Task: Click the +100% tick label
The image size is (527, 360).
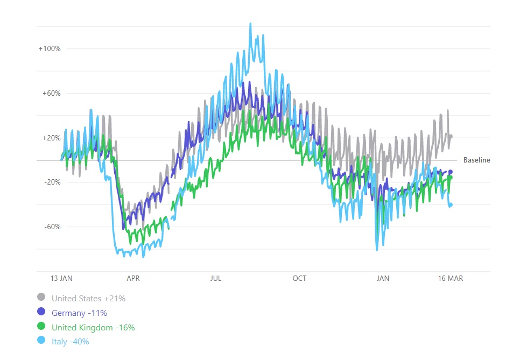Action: coord(50,48)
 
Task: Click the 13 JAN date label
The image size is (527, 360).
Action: coord(61,278)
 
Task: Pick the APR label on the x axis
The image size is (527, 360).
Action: coord(133,278)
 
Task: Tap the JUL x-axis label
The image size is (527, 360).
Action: coord(216,278)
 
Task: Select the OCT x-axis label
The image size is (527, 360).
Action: coord(299,278)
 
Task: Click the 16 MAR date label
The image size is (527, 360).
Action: coord(451,278)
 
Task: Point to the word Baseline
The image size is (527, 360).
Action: coord(476,160)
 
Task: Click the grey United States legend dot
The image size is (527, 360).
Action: coord(41,297)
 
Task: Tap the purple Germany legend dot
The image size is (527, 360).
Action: coord(41,312)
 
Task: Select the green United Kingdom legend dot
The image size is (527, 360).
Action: coord(41,327)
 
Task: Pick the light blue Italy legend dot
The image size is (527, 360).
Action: coord(41,341)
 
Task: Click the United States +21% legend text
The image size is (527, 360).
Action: coord(88,298)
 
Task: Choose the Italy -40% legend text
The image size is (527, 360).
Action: coord(70,342)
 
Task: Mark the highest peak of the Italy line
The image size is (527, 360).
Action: coord(250,24)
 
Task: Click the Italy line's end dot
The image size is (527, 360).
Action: coord(451,204)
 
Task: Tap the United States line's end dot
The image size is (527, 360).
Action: coord(451,137)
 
